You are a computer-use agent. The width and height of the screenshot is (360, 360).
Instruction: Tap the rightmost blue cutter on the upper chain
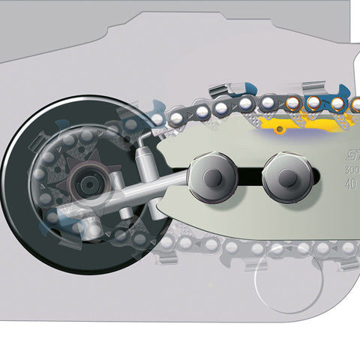pyautogui.click(x=339, y=101)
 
